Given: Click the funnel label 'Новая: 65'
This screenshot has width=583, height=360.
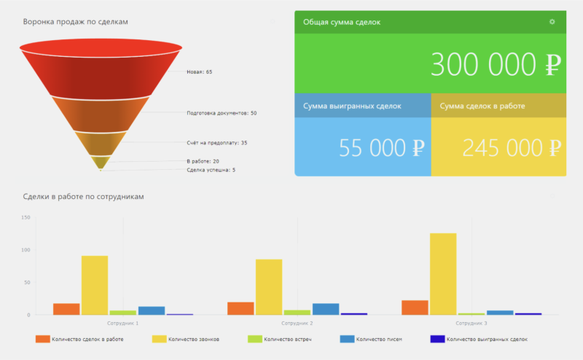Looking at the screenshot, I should (x=199, y=72).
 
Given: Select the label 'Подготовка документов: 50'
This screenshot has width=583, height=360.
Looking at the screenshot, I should (x=222, y=113).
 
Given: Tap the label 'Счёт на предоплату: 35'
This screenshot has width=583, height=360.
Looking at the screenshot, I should (x=216, y=143).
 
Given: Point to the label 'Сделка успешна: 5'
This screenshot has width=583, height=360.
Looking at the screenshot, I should (x=211, y=170).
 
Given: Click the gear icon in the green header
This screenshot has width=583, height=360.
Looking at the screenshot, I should (x=552, y=22).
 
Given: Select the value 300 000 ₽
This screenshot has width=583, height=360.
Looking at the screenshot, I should (x=495, y=65).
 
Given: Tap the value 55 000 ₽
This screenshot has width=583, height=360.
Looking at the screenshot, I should (x=381, y=148).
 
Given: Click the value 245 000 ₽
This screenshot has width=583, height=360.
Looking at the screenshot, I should (x=512, y=148).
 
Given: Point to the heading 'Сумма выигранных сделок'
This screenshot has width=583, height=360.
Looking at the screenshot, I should (x=352, y=106).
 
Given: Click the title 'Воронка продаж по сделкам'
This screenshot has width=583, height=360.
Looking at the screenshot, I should (x=75, y=22).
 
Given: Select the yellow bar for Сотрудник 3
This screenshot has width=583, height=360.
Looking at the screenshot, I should (x=443, y=274).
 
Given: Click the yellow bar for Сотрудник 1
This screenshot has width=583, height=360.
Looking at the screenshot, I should (x=95, y=285).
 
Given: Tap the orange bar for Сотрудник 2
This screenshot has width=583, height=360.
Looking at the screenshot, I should (x=240, y=308).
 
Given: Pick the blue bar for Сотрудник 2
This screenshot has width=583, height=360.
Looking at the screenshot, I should (x=326, y=309).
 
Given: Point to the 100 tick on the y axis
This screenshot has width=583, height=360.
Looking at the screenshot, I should (x=26, y=250).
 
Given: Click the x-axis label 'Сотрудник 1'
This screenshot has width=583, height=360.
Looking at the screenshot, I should (x=122, y=322).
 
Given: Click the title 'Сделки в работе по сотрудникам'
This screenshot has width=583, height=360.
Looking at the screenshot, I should (x=84, y=197).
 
